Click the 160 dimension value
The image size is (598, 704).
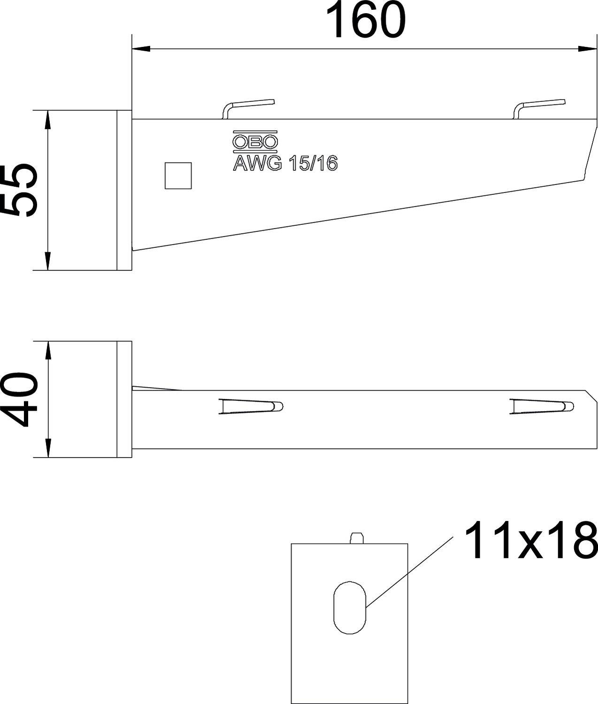tap(365, 21)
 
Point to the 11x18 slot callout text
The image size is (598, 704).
tap(531, 541)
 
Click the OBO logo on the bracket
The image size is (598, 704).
tap(255, 142)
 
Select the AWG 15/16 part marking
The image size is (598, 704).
tap(285, 164)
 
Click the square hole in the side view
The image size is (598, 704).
tap(178, 176)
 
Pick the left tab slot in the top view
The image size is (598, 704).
tap(250, 406)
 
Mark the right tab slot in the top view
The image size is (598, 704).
tap(542, 406)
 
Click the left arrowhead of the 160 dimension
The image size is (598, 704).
tap(141, 48)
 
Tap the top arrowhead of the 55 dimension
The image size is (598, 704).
tap(47, 120)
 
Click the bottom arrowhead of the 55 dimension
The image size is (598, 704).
tap(47, 261)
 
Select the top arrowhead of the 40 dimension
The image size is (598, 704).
tap(47, 350)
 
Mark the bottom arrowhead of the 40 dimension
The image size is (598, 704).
tap(47, 448)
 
